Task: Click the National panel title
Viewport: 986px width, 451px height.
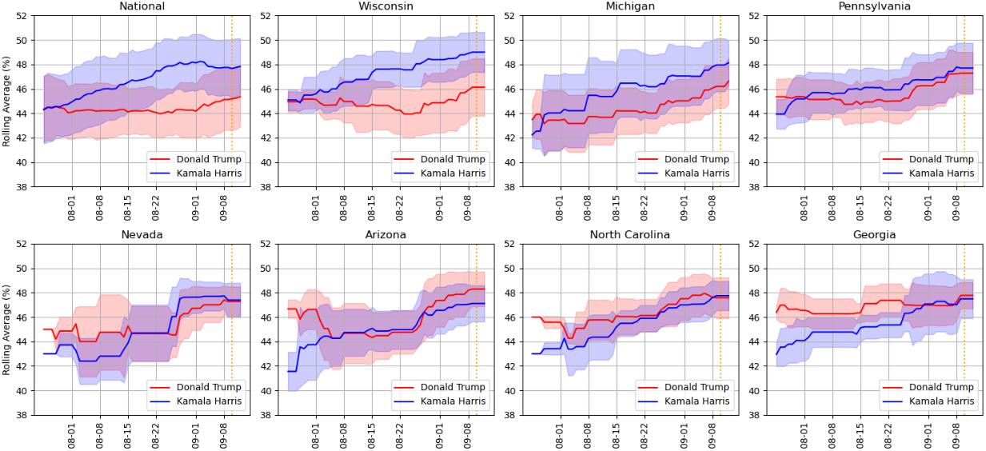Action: click(142, 6)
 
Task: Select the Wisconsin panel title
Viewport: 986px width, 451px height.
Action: click(386, 6)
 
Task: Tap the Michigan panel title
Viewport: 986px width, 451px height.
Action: click(630, 6)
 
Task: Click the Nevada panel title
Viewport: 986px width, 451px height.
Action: click(142, 234)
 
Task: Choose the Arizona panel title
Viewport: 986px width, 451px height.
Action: click(386, 234)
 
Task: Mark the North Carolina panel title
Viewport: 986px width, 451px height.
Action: click(630, 234)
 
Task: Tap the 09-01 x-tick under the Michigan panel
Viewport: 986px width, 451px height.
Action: click(684, 206)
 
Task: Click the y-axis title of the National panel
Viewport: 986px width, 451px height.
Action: click(7, 102)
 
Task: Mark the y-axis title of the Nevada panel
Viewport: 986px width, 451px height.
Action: click(7, 329)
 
